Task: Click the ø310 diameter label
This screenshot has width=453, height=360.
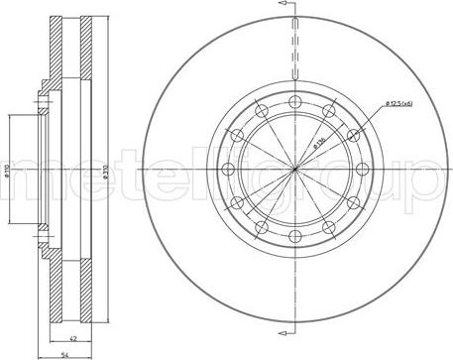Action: [79, 175]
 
